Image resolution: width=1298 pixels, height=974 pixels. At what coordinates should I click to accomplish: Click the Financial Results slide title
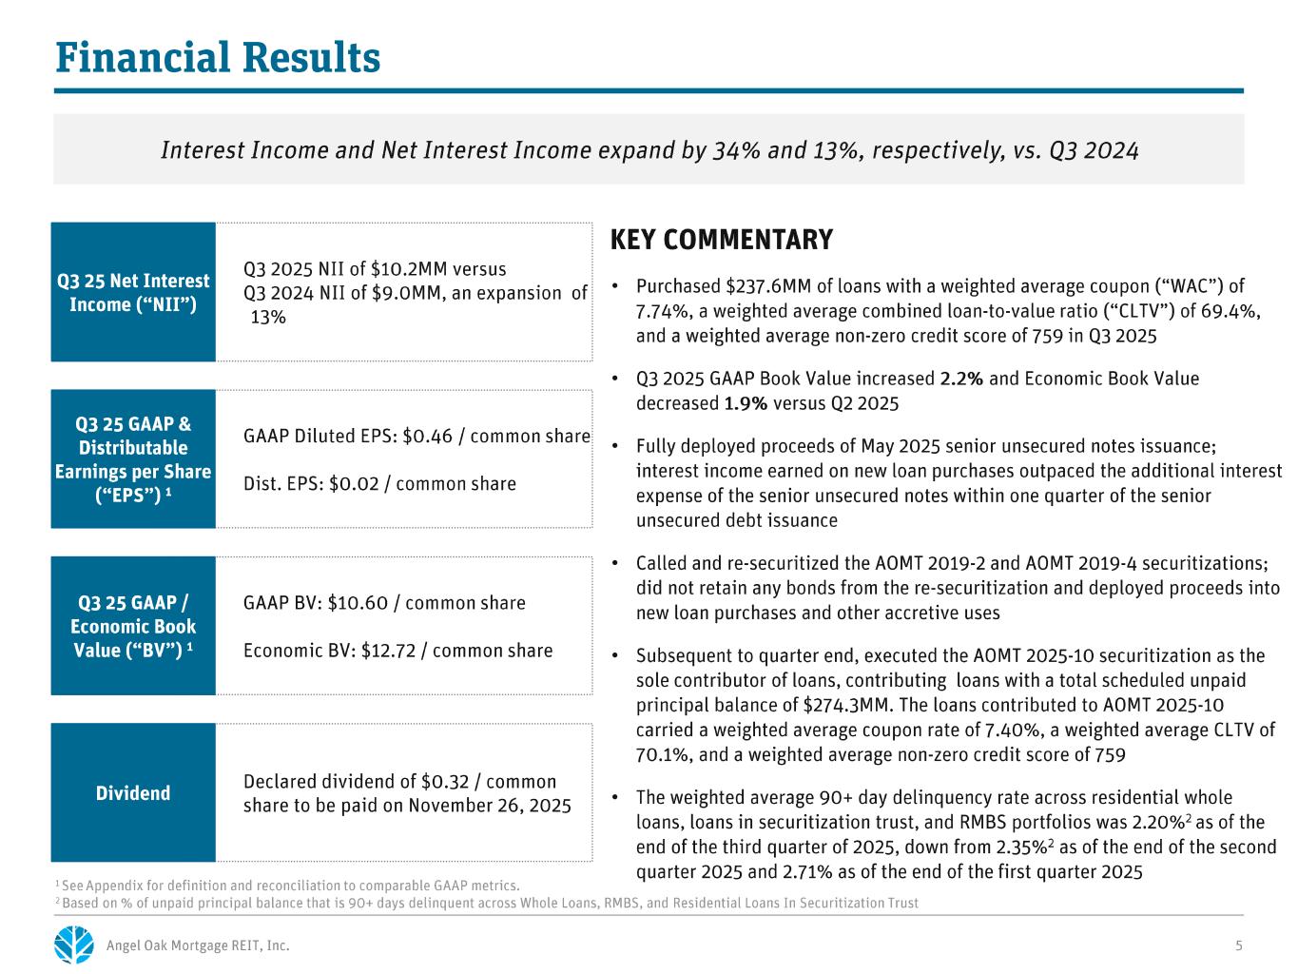(218, 58)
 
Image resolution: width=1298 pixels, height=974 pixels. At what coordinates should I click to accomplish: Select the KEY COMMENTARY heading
(721, 240)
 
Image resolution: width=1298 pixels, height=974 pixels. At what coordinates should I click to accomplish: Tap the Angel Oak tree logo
(74, 945)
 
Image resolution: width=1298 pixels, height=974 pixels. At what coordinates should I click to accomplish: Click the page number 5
(1238, 945)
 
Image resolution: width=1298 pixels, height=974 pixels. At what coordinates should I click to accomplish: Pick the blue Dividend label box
(133, 792)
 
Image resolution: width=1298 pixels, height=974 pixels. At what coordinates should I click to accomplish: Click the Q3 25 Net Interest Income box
(133, 292)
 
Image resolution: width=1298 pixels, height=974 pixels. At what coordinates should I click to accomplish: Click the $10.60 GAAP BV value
(358, 603)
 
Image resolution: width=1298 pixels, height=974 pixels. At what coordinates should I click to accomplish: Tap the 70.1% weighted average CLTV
(660, 755)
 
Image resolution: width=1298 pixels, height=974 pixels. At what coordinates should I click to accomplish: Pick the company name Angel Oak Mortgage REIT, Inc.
(198, 945)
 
